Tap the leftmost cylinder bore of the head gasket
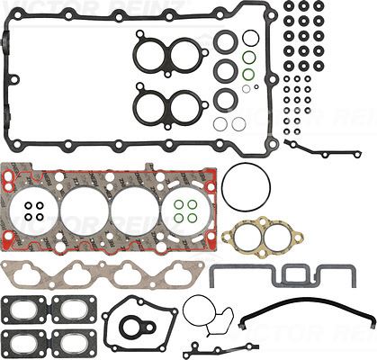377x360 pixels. pos(34,210)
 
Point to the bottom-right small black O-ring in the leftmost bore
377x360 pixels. pos(40,217)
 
